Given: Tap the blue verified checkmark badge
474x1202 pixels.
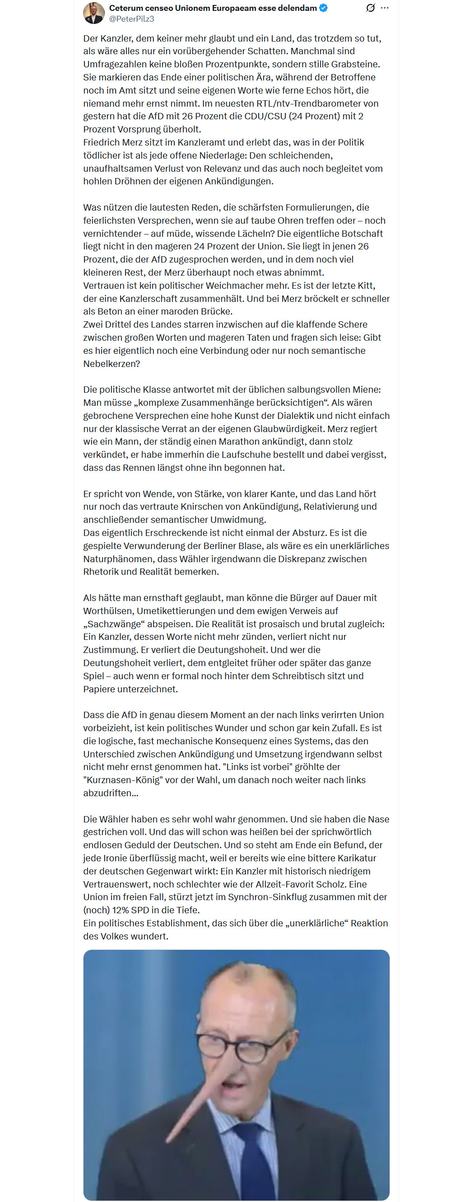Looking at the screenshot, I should [x=324, y=8].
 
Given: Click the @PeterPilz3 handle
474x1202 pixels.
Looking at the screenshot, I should [x=131, y=19].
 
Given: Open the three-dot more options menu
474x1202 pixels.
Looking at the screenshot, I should [x=385, y=8].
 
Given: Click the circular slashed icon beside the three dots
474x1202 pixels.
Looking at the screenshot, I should [x=371, y=8].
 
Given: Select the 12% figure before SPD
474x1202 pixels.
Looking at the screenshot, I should [x=120, y=910].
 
